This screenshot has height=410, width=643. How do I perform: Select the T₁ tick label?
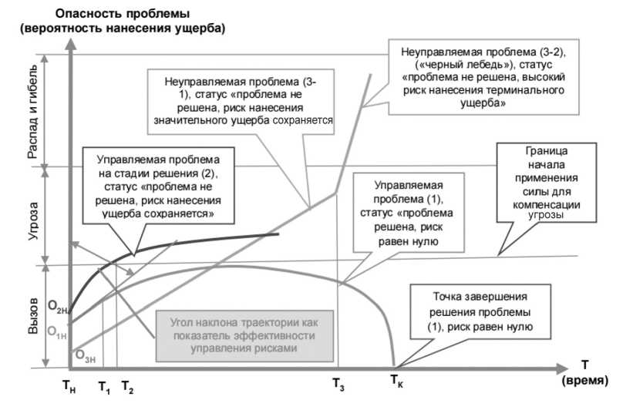(x=105, y=388)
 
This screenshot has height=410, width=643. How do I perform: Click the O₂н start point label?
(x=57, y=309)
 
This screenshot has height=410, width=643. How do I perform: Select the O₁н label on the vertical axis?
(x=56, y=331)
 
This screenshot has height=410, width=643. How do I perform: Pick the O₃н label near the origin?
(x=85, y=355)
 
